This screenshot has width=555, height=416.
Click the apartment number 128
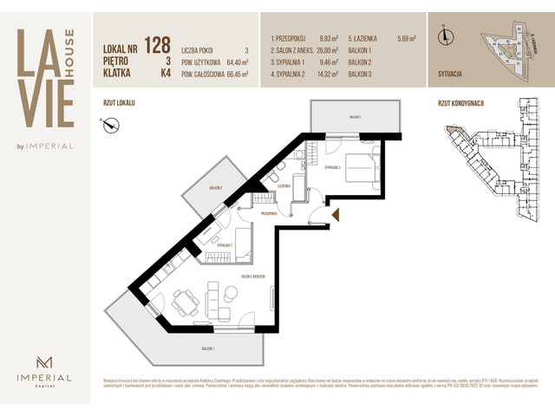tap(157, 45)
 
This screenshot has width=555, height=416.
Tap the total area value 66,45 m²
tap(232, 74)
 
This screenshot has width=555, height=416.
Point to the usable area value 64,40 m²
tap(232, 62)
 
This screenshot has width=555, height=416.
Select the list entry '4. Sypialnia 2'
tap(292, 74)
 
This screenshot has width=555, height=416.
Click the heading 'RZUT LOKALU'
tap(119, 102)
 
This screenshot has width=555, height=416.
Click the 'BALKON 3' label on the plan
tap(355, 116)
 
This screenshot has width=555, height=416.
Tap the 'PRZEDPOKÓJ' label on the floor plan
tap(268, 212)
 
